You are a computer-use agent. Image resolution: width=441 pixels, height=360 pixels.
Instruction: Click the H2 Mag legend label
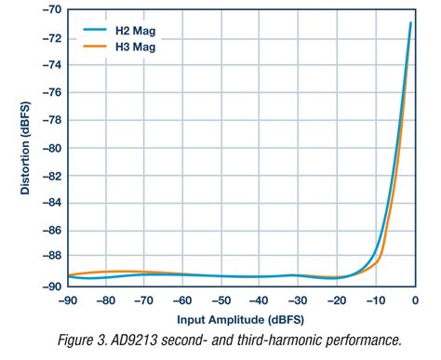point(132,31)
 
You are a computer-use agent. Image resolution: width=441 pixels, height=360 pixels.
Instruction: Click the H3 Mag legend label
point(132,47)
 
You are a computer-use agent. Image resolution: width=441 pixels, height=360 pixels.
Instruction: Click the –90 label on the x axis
point(67,300)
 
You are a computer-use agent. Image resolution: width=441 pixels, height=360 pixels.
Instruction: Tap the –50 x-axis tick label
point(221,300)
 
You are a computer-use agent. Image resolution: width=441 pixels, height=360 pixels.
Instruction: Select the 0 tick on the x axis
point(416,300)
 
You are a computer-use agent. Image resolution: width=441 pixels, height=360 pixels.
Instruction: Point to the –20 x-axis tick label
point(338,300)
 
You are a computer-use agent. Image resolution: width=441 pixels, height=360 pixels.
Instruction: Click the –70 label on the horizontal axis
point(144,300)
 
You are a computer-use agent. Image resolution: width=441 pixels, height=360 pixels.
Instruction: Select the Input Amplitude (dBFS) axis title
point(241,319)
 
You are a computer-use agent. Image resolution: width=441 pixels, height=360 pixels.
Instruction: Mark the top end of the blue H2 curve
point(410,23)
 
